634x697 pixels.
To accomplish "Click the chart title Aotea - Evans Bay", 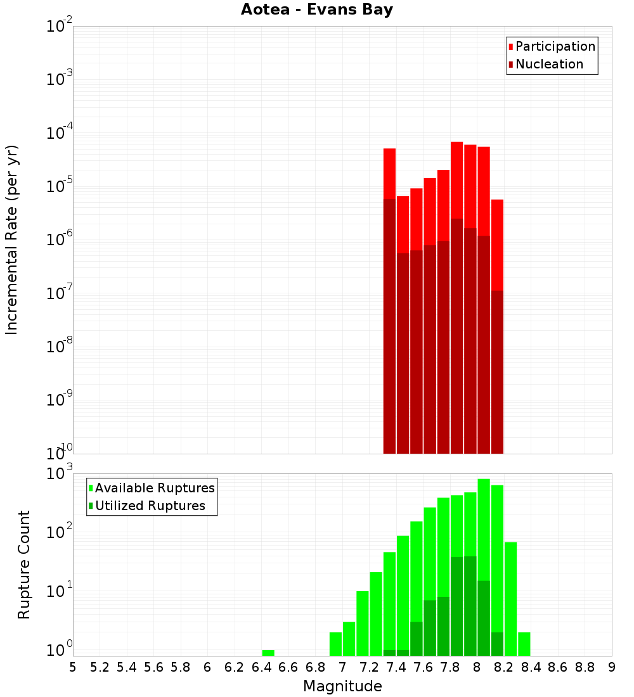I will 317,10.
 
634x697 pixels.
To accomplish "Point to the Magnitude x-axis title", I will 342,686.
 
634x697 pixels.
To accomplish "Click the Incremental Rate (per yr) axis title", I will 12,240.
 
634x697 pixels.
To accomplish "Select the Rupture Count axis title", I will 24,565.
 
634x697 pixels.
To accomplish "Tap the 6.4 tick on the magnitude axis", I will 261,667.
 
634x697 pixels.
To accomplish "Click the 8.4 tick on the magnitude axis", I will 531,667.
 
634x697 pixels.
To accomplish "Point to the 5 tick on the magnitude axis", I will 73,667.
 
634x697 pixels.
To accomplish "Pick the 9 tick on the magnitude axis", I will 612,667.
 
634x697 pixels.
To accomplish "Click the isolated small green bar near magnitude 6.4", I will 268,653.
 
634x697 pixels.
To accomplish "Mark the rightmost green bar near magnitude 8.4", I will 524,644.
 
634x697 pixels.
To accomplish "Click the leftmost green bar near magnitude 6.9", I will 335,644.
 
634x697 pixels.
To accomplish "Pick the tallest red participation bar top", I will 456,143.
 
